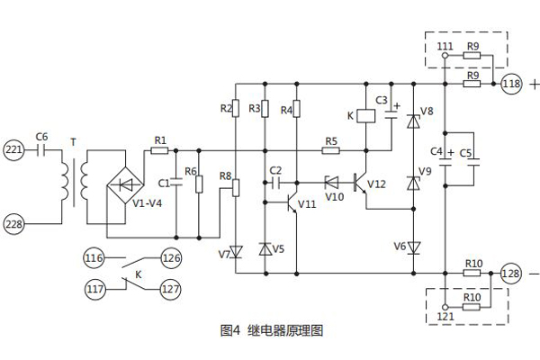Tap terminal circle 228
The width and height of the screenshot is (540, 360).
14,222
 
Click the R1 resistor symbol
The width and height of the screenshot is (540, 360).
160,150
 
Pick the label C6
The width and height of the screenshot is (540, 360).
40,136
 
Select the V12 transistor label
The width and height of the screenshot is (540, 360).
376,184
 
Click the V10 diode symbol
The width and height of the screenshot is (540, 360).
333,179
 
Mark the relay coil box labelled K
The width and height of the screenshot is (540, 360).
366,116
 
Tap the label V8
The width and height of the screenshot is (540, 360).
427,111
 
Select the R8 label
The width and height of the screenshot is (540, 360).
224,176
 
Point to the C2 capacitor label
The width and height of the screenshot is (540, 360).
275,169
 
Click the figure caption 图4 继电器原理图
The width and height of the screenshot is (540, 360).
271,330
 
